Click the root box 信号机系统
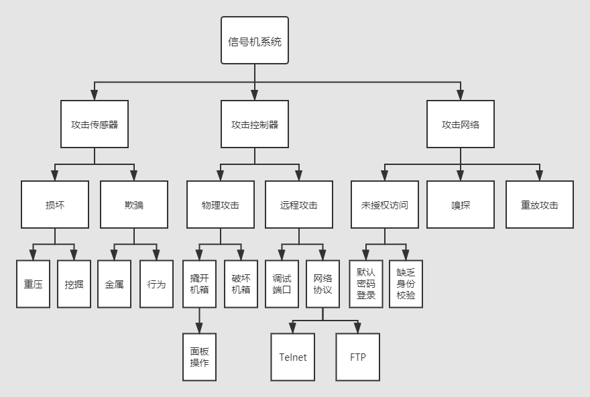[255, 40]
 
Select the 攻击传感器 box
[94, 124]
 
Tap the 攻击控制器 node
[255, 124]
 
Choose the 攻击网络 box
[461, 124]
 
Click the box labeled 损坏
[54, 205]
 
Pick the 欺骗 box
[134, 205]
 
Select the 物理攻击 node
[220, 205]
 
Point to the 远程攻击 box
[298, 205]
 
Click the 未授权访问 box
[384, 205]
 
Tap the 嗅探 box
[461, 205]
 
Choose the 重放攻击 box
[539, 205]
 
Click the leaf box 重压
[34, 284]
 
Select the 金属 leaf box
[114, 284]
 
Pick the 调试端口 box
[282, 284]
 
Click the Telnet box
[292, 357]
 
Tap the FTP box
[357, 357]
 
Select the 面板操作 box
[199, 357]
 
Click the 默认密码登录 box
[365, 284]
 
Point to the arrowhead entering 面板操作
[199, 329]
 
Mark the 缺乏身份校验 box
[406, 284]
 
